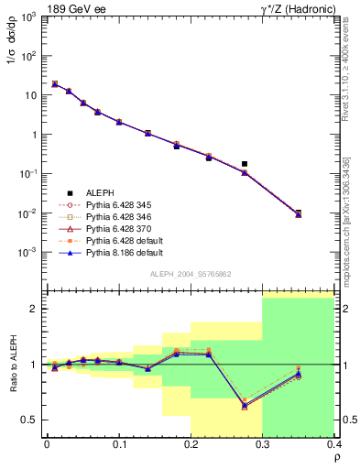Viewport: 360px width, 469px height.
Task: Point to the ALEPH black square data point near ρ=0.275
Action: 245,164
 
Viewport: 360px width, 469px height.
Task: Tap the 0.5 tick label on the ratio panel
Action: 31,420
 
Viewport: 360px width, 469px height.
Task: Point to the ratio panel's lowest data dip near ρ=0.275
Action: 245,405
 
